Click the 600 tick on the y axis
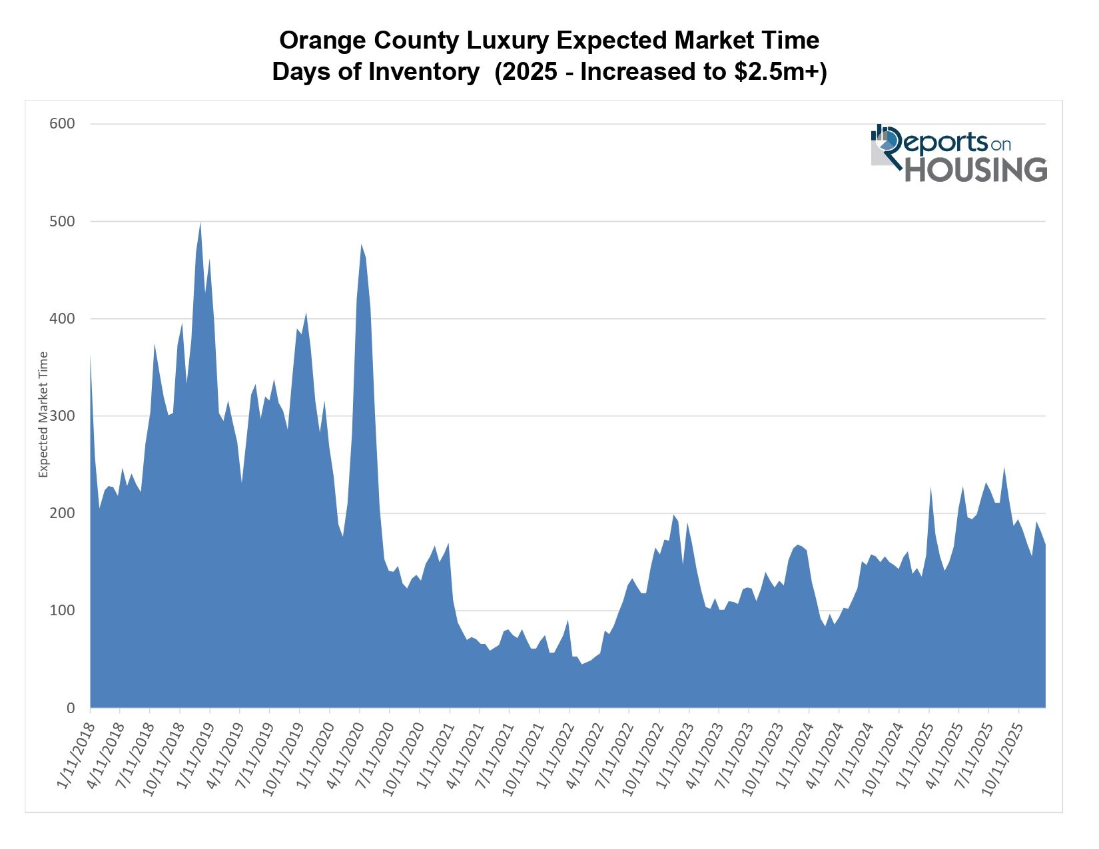62,124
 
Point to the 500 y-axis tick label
62,221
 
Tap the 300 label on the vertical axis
62,416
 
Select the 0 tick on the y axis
70,708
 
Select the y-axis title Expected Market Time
44,415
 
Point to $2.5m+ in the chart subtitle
780,72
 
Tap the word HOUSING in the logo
975,170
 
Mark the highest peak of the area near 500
200,222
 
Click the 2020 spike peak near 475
361,244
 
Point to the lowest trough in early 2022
581,664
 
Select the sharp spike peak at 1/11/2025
930,488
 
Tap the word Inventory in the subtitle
424,72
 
